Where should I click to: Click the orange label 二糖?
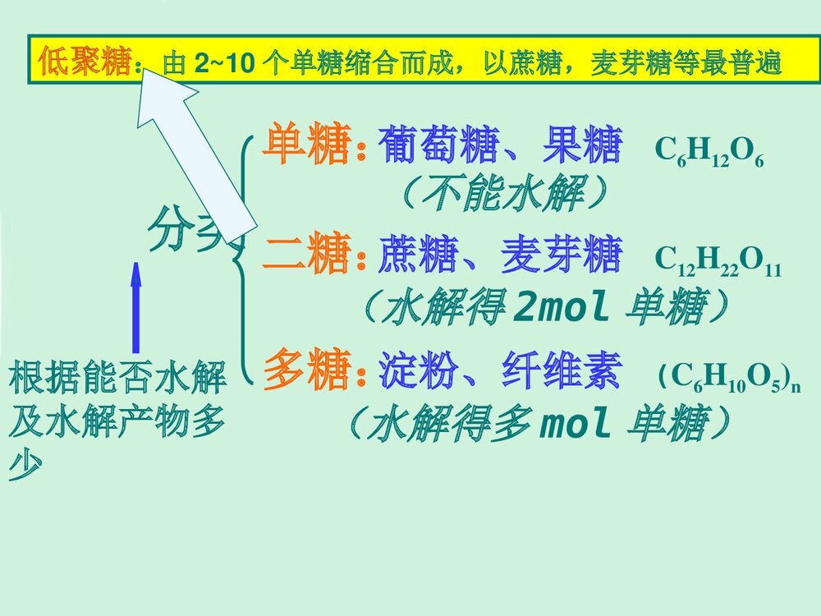click(x=306, y=255)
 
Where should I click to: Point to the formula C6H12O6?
click(x=709, y=154)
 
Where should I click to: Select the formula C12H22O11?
click(x=718, y=262)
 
